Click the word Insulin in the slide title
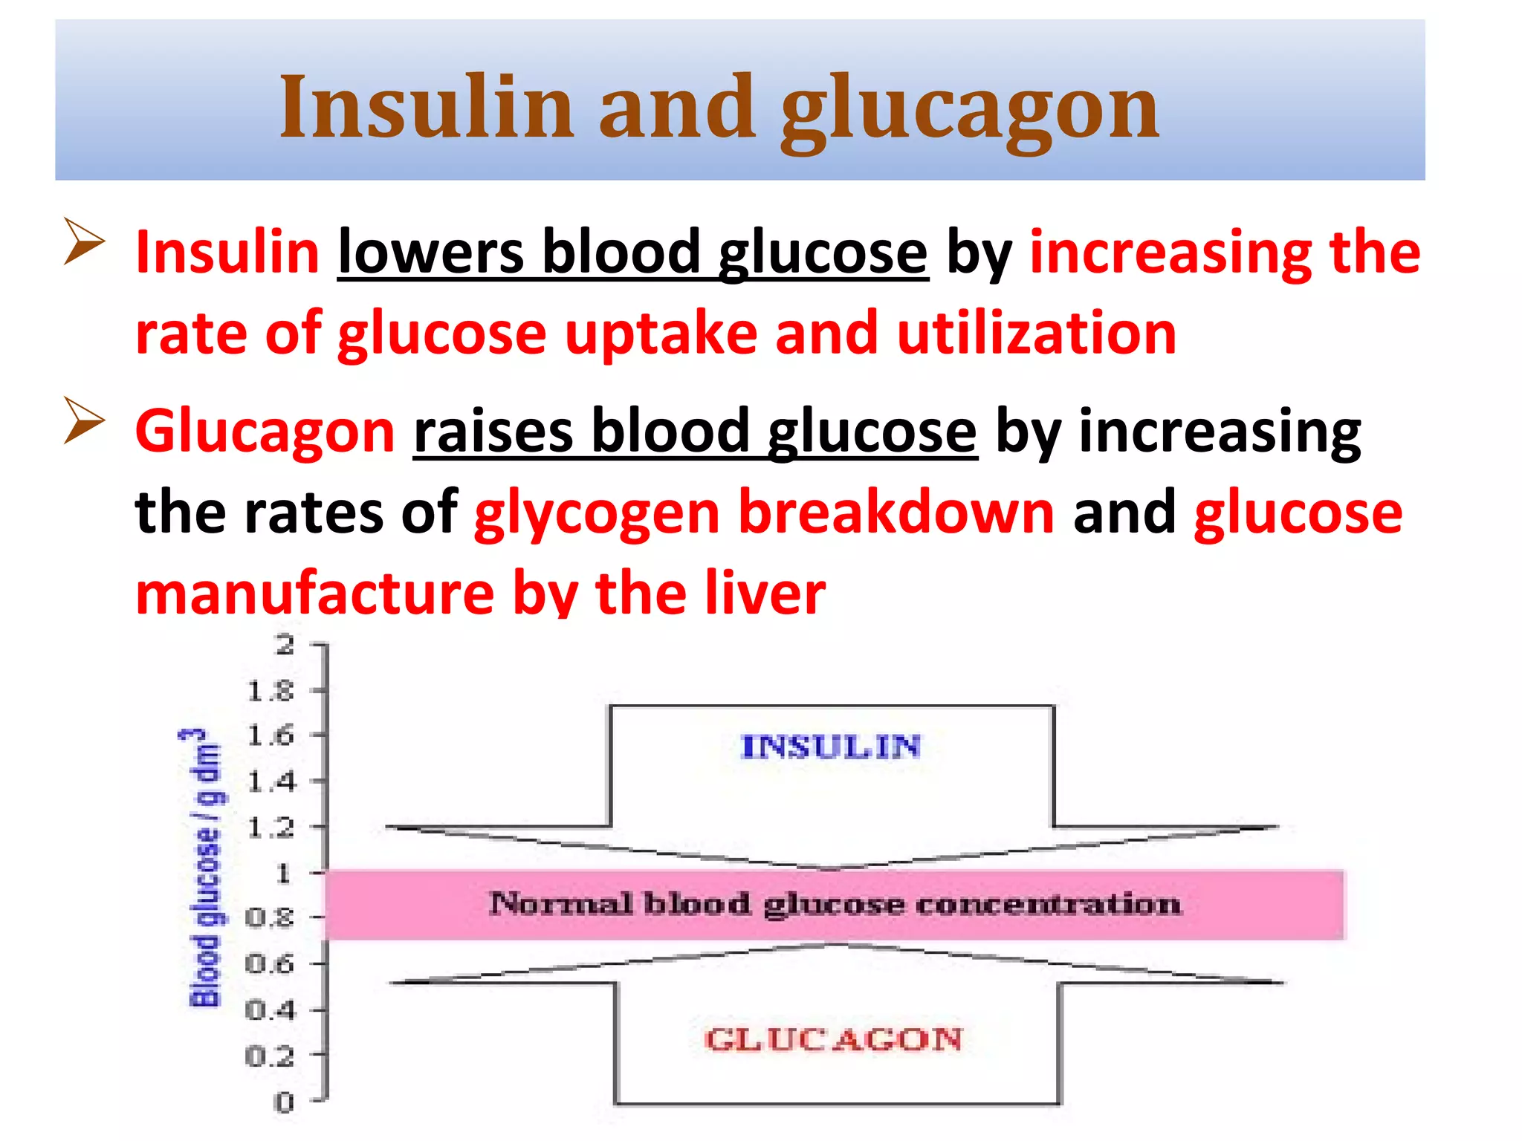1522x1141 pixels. (x=426, y=108)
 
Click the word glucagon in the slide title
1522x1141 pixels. (x=970, y=111)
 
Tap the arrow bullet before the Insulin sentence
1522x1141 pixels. (x=83, y=241)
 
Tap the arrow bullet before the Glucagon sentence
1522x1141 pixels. (x=83, y=420)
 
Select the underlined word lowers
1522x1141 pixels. (x=430, y=253)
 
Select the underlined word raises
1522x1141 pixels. (x=493, y=432)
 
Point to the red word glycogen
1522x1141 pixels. (x=597, y=515)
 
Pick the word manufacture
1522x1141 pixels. (x=315, y=594)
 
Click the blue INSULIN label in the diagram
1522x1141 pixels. (x=831, y=747)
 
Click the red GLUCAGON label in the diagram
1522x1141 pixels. (x=833, y=1039)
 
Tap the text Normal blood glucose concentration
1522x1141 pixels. (x=835, y=904)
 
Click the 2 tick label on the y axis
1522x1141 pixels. (x=285, y=645)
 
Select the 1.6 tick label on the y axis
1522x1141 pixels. (x=271, y=735)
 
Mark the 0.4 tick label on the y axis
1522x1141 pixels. (x=271, y=1010)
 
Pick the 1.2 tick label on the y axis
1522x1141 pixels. (x=271, y=827)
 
